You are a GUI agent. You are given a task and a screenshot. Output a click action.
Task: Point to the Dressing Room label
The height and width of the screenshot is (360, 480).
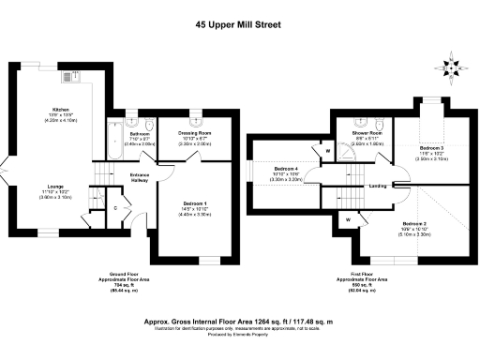[x=192, y=135]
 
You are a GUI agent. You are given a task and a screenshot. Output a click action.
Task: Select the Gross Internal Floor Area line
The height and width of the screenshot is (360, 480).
[x=240, y=320]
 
